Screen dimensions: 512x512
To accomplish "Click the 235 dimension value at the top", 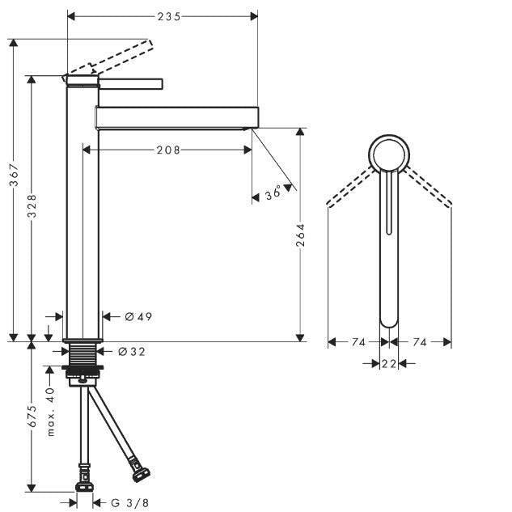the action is click(x=169, y=16).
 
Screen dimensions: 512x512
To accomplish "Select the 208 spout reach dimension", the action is click(x=168, y=150).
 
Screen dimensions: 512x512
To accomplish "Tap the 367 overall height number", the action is click(x=14, y=175).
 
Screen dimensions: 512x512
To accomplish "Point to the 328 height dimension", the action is click(x=32, y=205).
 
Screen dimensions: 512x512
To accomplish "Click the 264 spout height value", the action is click(x=300, y=235).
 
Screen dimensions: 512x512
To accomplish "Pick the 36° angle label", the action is click(x=273, y=193).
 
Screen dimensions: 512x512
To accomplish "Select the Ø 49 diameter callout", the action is click(x=138, y=316).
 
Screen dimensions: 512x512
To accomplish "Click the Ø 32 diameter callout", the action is click(x=132, y=351).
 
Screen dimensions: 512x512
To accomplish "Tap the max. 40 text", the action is click(x=50, y=412).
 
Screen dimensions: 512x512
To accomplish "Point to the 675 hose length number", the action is click(x=32, y=416).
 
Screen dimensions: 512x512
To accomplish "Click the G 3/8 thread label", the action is click(x=129, y=503).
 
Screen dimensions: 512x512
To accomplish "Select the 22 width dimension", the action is click(x=389, y=363).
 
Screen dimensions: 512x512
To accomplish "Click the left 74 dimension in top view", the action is click(x=358, y=342).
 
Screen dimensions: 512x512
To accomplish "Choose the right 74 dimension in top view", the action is click(x=420, y=342).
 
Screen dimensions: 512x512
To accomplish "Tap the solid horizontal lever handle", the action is click(x=130, y=83).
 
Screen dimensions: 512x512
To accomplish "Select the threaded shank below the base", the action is click(x=83, y=354).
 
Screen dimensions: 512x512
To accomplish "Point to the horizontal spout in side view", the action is click(x=177, y=117).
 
